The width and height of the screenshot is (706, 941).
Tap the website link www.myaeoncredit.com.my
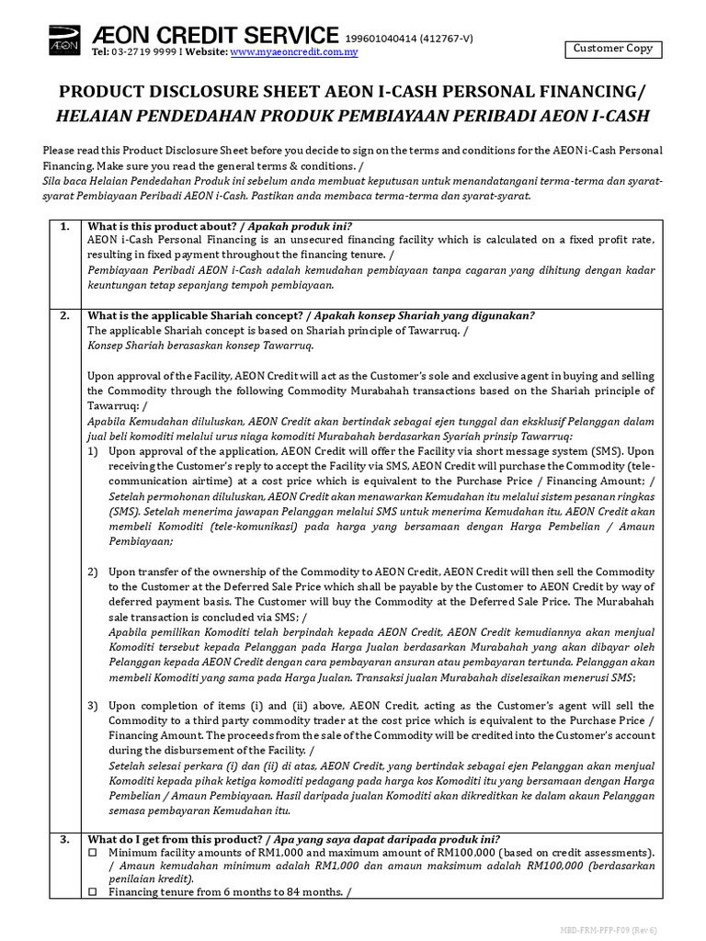click(x=293, y=52)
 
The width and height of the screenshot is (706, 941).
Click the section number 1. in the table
click(x=63, y=226)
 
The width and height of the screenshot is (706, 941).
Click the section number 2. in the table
click(x=63, y=315)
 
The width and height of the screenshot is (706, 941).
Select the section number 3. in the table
click(x=63, y=839)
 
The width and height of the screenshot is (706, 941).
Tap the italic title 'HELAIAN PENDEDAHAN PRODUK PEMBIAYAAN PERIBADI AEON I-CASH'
click(x=352, y=116)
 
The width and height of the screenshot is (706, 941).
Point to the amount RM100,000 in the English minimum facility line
click(x=501, y=852)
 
